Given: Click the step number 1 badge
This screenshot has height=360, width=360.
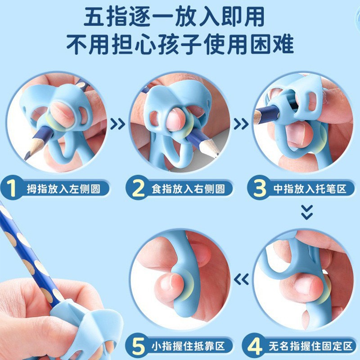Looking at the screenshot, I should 13,188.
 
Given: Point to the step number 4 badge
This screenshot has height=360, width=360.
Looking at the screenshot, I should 256,347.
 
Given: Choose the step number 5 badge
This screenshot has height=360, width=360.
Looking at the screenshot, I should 138,347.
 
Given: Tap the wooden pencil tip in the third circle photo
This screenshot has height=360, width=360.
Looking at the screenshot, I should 257,118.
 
